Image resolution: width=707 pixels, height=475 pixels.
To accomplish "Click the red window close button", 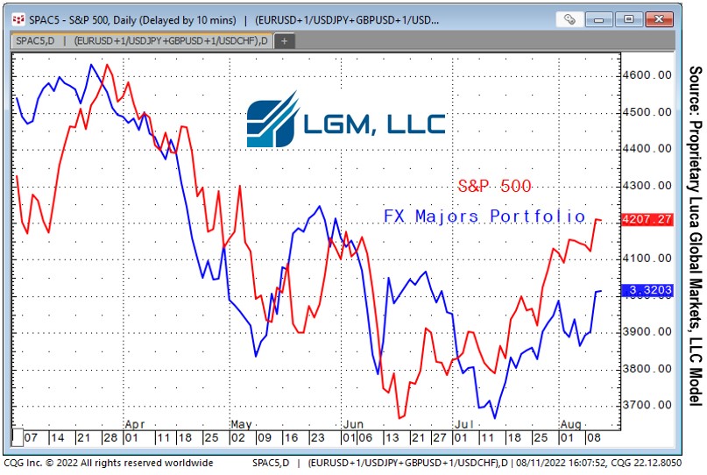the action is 659,19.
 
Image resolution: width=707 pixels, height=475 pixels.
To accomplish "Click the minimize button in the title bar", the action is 598,19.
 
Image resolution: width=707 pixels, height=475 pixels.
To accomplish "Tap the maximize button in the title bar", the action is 628,19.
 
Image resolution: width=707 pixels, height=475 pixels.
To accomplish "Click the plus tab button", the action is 284,40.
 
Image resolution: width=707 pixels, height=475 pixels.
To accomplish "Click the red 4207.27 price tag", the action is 647,219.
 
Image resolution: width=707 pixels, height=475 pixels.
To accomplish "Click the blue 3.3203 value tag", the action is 647,290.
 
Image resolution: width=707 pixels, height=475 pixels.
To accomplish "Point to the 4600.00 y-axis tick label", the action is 647,74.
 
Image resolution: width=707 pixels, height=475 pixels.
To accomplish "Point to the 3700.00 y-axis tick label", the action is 647,405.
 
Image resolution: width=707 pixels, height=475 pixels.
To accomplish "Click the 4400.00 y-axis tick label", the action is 647,148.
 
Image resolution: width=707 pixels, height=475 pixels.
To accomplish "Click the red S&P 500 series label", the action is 495,186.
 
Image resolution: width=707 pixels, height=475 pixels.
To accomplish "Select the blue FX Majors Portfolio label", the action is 484,216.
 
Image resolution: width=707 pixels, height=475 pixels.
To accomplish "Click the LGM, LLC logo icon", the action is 272,119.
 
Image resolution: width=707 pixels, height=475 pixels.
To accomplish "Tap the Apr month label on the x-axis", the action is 135,424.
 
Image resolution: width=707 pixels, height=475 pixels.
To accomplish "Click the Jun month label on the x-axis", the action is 353,424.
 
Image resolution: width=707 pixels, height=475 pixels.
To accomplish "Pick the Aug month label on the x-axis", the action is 571,424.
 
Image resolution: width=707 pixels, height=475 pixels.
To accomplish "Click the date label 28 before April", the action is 110,437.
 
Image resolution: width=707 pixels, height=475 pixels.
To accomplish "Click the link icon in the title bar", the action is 569,19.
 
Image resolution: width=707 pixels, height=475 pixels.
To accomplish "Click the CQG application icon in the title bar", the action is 18,19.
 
